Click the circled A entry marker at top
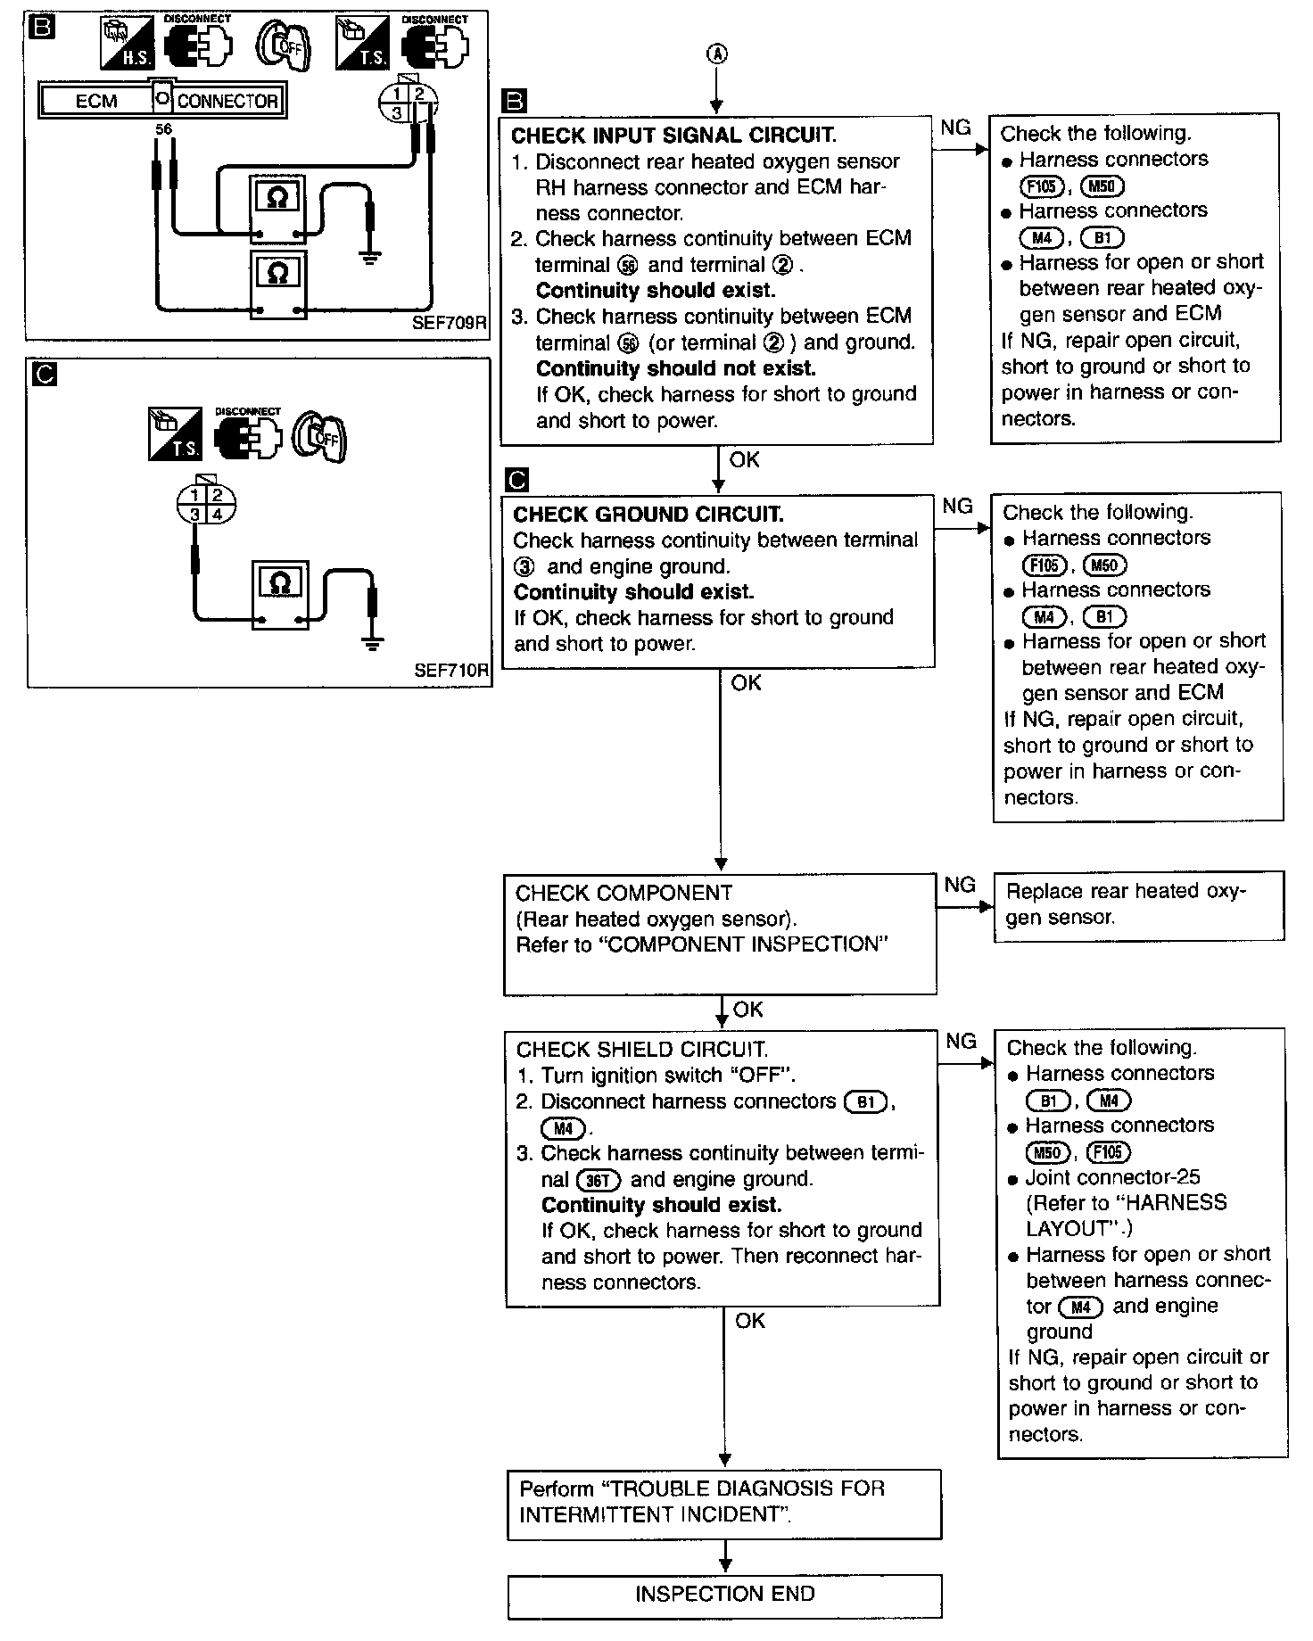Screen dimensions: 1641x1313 click(x=717, y=55)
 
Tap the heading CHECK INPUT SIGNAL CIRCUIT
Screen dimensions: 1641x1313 click(x=673, y=136)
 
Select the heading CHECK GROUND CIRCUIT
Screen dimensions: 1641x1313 click(x=648, y=515)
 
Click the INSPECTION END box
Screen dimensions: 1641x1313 click(x=724, y=1595)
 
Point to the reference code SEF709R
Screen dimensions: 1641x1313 click(x=449, y=324)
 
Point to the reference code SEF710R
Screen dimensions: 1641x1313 click(x=451, y=671)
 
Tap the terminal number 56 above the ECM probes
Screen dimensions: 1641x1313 click(x=163, y=130)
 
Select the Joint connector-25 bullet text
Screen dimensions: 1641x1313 click(x=1112, y=1177)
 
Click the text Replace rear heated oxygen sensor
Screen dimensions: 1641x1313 click(x=1124, y=904)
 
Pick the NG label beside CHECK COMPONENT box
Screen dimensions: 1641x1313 click(x=960, y=885)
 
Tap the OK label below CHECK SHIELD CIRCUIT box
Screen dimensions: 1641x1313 click(x=750, y=1321)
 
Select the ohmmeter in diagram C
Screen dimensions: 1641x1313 click(x=280, y=594)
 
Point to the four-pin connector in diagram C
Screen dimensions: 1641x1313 click(x=206, y=504)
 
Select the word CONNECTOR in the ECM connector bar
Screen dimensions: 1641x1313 click(x=227, y=101)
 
